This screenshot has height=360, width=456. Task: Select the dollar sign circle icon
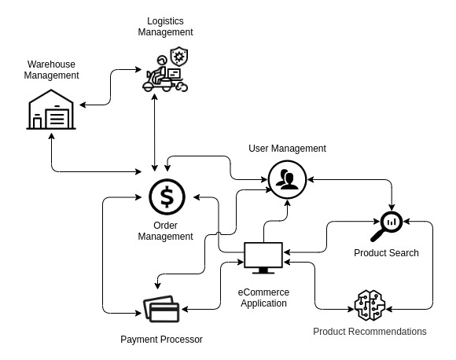[x=167, y=197]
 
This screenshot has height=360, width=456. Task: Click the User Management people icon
[x=287, y=179]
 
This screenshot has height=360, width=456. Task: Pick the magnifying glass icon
[x=387, y=226]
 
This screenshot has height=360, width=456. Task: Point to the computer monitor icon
[x=263, y=258]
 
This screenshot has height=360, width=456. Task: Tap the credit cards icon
[x=161, y=309]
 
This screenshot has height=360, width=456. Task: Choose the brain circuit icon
[x=370, y=305]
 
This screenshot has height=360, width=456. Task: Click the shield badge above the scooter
[x=179, y=56]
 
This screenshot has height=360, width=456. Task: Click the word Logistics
[x=165, y=21]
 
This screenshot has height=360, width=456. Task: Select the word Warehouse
[x=51, y=64]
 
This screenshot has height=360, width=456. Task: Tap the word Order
[x=165, y=226]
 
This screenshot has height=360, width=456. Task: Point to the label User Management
[x=287, y=149]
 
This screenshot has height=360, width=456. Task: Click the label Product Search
[x=386, y=252]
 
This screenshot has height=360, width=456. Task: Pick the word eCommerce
[x=263, y=292]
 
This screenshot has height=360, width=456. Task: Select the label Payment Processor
[x=161, y=340]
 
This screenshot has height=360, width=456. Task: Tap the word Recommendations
[x=387, y=332]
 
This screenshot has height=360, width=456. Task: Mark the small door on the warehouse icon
[x=37, y=123]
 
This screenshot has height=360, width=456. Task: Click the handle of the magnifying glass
[x=377, y=236]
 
